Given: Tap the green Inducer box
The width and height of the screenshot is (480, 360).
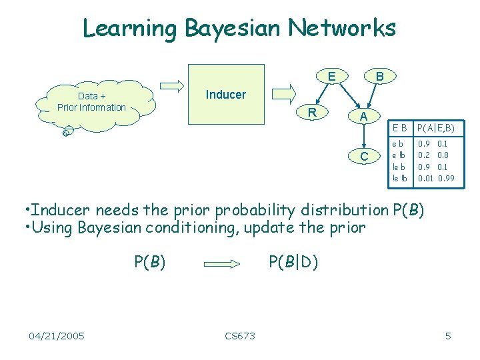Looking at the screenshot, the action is pos(225,95).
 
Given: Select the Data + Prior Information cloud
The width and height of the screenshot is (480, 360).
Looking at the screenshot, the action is pos(91,102).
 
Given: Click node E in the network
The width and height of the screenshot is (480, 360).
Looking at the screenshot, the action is pos(331,76).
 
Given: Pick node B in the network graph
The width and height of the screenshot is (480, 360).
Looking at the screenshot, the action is pos(379,77).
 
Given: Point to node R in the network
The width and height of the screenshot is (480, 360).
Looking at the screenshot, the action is pos(311,112).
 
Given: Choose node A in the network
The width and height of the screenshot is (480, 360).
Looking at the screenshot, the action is pos(363,117).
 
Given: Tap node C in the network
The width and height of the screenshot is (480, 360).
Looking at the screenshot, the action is pos(364,157).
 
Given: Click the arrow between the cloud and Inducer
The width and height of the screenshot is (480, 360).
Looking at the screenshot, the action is pos(173,85).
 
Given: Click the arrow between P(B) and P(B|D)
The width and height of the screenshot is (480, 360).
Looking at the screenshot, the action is pos(222,263).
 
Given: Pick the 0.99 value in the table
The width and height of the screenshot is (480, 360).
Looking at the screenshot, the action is pos(446,178).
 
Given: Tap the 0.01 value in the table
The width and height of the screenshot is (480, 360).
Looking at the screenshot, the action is pos(425,178).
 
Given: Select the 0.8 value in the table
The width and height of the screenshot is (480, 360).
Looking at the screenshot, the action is pos(443,155).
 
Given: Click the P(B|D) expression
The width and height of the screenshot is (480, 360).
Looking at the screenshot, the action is pos(293,262).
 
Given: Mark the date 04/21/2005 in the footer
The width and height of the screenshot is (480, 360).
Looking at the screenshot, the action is pos(57,335).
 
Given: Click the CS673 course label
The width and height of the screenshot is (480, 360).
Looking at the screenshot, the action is pos(240,335).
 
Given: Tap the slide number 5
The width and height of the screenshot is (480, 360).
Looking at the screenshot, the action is pos(448,335).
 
